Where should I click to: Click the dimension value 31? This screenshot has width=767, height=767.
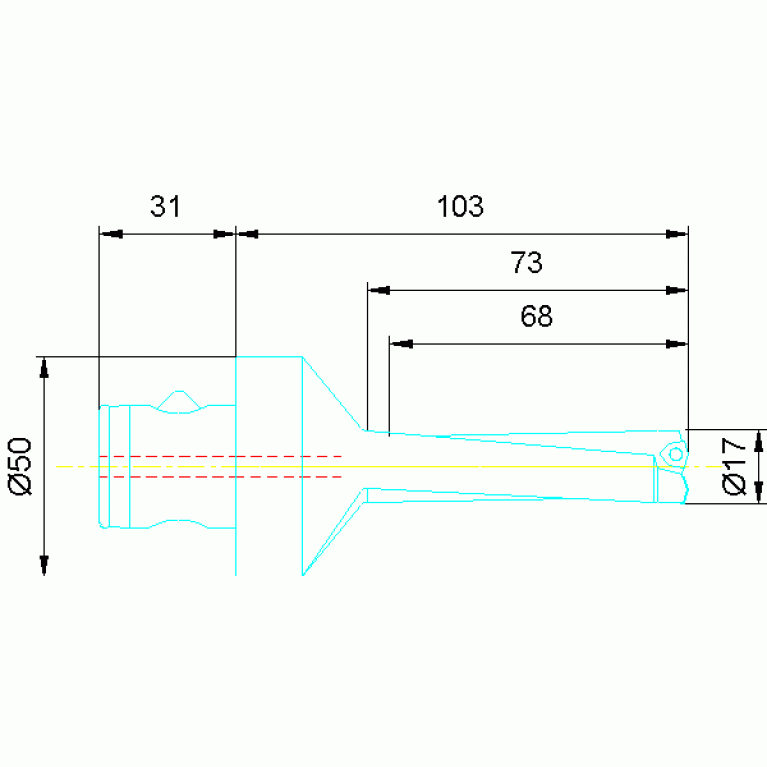coord(165,206)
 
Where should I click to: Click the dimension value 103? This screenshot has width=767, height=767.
coord(460,206)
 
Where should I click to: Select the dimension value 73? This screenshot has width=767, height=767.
coord(526,262)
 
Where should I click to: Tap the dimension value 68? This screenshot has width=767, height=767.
coord(537,316)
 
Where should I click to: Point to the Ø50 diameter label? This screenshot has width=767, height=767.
coord(21,466)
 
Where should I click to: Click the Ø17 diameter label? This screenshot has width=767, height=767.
coord(734,466)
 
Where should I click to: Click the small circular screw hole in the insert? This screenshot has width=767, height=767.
coord(676,454)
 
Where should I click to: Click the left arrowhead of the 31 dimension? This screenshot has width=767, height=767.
coord(111,234)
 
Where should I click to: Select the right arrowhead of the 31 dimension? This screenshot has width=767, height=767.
coord(225,234)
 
